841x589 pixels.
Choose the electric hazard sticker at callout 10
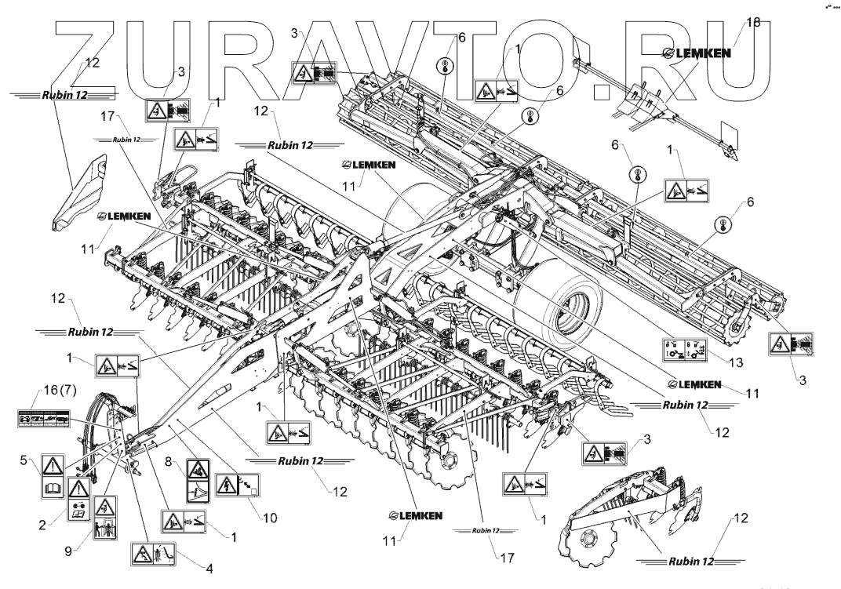236,486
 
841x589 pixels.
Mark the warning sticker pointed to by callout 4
149,554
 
